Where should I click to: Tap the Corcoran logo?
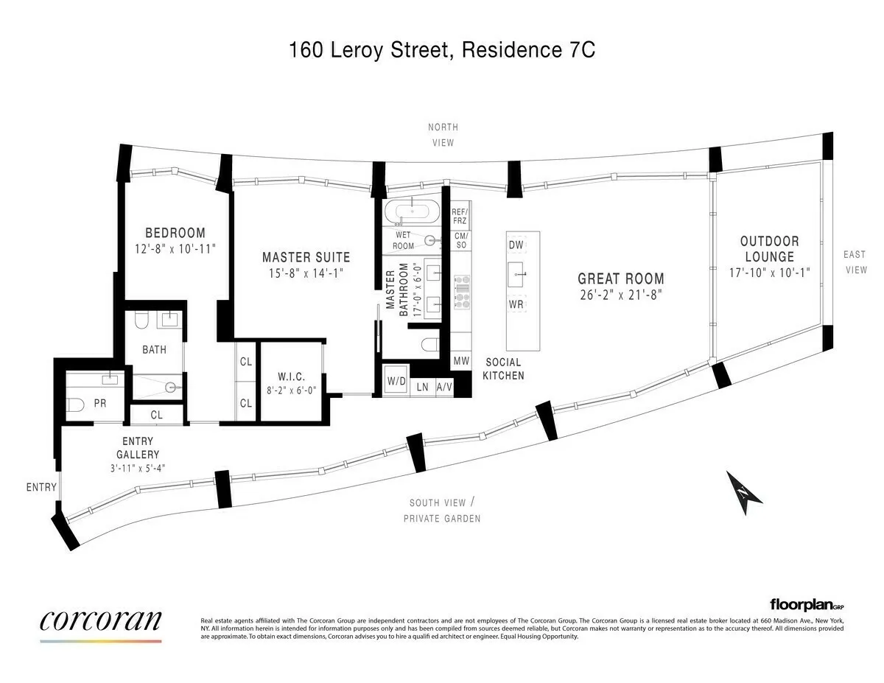click(100, 620)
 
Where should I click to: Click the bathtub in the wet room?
click(411, 212)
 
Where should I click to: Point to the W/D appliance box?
click(396, 380)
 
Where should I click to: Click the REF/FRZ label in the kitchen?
click(460, 216)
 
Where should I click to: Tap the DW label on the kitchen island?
click(516, 244)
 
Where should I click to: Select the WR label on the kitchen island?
click(516, 304)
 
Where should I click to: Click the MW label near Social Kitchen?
click(461, 361)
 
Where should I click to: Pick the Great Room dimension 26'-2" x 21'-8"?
click(620, 295)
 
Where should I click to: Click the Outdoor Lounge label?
click(769, 249)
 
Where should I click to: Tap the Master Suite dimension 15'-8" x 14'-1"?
click(306, 273)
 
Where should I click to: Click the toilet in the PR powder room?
click(75, 404)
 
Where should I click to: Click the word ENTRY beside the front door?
click(41, 487)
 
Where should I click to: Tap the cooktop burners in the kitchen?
click(462, 291)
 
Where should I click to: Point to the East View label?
click(855, 262)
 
